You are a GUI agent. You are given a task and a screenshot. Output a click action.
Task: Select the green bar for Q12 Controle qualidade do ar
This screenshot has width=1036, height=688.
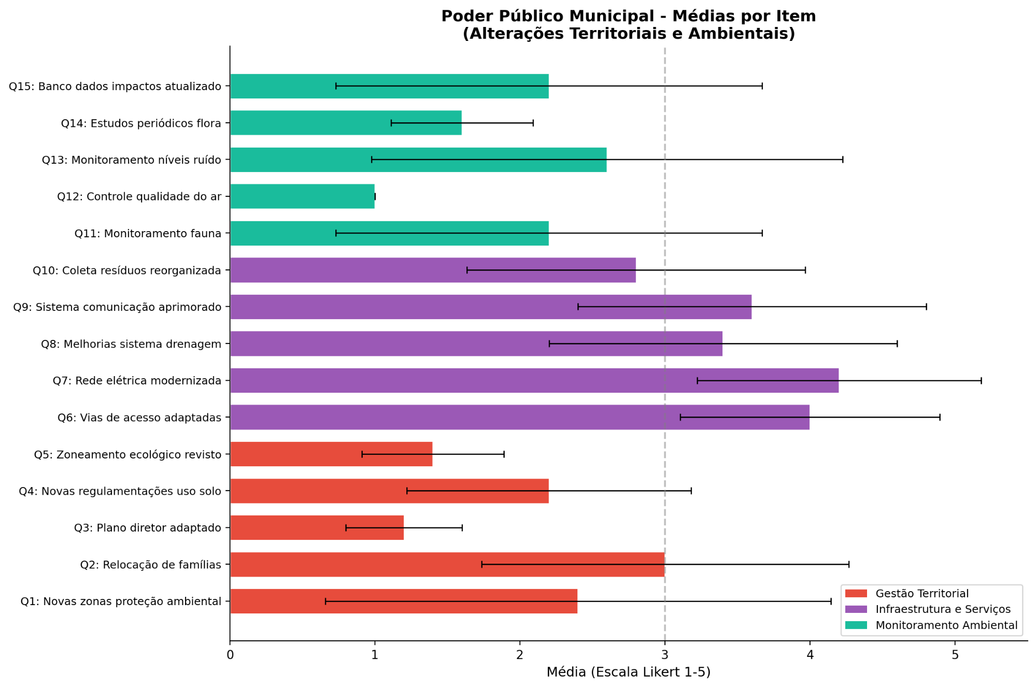point(302,196)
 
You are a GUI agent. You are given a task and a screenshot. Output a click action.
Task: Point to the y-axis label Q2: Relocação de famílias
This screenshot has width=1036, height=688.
point(150,565)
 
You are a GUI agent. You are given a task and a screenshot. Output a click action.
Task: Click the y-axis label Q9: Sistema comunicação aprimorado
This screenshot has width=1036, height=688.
point(117,307)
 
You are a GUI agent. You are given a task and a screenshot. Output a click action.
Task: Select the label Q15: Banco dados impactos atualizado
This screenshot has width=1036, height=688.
point(115,87)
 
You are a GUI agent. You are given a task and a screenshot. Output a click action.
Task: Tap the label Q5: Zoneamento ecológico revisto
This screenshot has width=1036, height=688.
point(127,455)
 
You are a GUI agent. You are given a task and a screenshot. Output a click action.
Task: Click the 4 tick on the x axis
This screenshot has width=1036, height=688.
point(810,655)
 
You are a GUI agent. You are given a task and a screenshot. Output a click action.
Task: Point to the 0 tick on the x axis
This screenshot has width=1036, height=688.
point(230,655)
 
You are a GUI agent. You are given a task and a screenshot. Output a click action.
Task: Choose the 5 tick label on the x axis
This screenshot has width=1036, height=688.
point(955,655)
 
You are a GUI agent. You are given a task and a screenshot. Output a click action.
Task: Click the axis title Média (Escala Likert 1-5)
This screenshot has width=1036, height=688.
point(628,672)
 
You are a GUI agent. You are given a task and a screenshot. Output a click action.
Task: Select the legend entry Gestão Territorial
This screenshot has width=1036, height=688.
point(921,594)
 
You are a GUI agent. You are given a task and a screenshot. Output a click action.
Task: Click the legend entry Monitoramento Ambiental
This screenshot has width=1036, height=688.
point(946,625)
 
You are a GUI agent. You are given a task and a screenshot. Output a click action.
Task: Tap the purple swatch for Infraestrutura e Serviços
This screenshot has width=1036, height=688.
point(856,609)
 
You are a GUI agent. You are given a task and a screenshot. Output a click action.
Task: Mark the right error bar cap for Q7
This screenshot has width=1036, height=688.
point(981,381)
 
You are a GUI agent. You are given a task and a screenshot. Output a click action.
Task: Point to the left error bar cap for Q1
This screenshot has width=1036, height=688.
point(325,601)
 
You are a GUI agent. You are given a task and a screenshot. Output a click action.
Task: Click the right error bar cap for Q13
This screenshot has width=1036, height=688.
point(843,160)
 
